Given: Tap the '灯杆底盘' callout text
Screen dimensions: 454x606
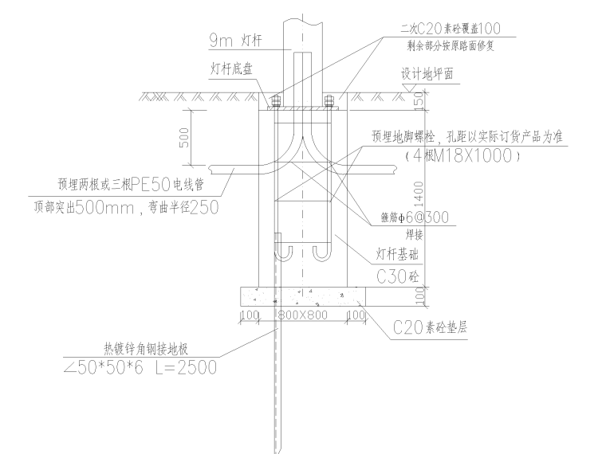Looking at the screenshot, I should point(230,70).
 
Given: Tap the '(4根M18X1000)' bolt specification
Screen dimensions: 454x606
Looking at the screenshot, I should point(462,156).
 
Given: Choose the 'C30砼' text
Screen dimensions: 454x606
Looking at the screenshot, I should point(396,276).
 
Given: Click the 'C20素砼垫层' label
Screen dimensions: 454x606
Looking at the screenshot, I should point(430,327).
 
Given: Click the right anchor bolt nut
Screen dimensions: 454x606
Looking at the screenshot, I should point(329,101).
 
